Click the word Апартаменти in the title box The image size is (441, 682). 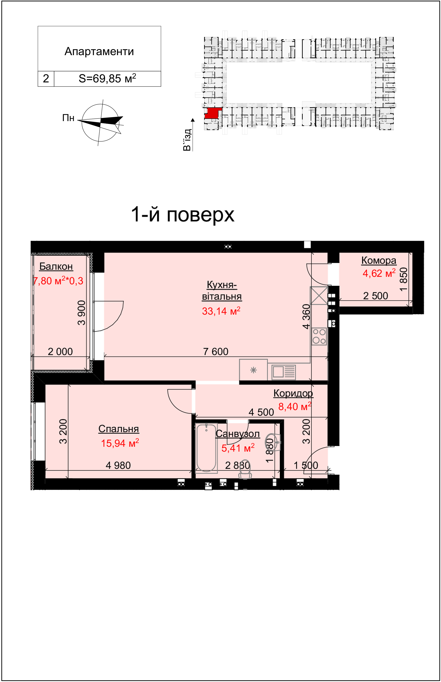[99, 52]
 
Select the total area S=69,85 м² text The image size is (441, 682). [107, 78]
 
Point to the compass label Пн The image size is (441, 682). [68, 118]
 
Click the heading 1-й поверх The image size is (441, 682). [183, 215]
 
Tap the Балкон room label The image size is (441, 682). [56, 267]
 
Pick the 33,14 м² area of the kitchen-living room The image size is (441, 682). [221, 311]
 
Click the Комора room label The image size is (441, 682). [379, 261]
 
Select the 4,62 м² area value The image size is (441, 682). [379, 273]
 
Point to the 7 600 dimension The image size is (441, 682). [216, 352]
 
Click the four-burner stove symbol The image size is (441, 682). [319, 336]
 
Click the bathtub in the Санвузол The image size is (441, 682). [206, 448]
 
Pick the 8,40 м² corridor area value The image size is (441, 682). [295, 407]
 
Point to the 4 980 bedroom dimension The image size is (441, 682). [118, 465]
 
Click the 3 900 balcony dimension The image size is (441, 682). [82, 313]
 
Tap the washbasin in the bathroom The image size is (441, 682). [272, 441]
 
